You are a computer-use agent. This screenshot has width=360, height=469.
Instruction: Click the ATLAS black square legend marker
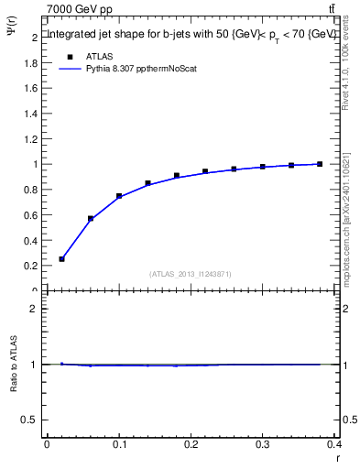tap(69, 57)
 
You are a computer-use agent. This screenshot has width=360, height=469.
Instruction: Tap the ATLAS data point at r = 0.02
tap(61, 259)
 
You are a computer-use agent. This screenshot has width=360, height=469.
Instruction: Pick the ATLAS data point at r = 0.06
tap(91, 219)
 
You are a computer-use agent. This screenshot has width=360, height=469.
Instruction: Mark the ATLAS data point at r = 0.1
tap(119, 196)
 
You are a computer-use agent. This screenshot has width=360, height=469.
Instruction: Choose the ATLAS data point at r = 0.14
tap(147, 183)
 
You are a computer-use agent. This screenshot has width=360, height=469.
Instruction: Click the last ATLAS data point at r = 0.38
tap(320, 164)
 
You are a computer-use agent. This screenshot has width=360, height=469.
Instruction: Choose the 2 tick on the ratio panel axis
tap(35, 310)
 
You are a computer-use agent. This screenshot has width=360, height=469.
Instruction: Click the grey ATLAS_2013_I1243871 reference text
tap(191, 275)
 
